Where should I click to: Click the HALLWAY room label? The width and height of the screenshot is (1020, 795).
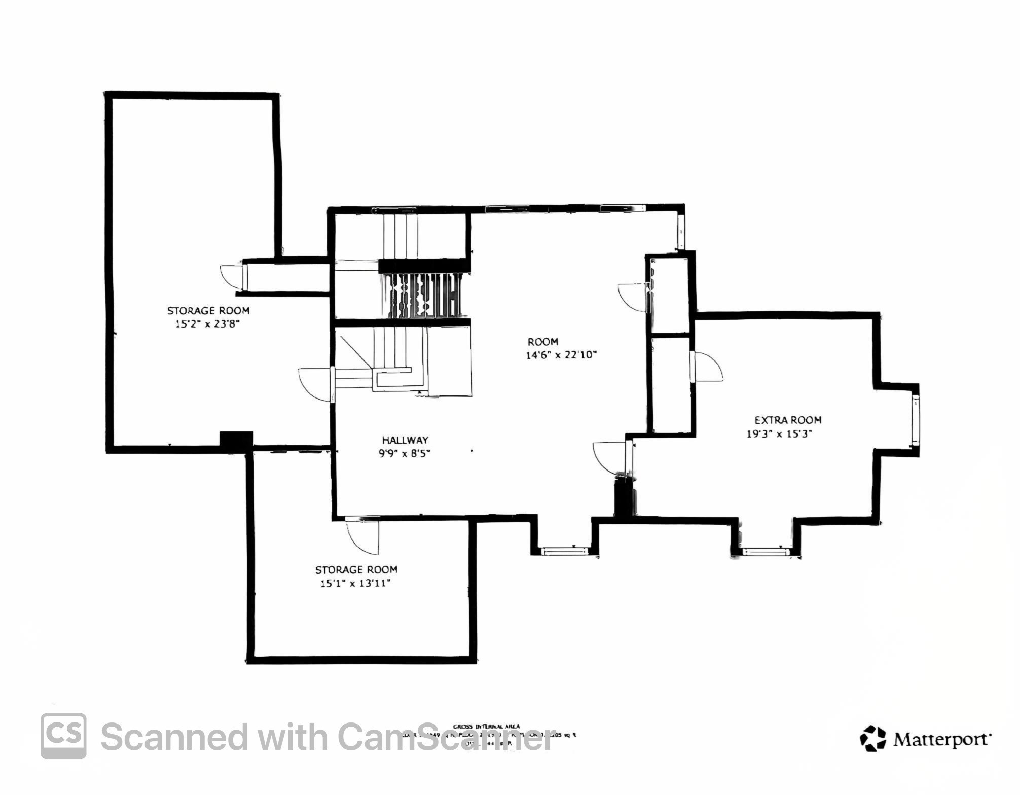pos(405,440)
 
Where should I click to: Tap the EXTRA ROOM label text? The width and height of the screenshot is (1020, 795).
pos(788,420)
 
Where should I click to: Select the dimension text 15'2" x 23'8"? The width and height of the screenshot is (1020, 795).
pos(207,323)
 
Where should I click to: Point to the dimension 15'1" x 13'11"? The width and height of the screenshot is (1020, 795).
pos(355,583)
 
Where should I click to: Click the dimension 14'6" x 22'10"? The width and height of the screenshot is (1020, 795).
pos(561,355)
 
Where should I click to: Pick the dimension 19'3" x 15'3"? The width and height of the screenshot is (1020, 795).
pos(779,433)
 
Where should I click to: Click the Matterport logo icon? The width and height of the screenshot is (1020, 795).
pos(872,738)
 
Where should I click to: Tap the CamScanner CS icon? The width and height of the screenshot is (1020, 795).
pos(63,736)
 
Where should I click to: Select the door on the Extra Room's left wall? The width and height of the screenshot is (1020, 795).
pos(706,367)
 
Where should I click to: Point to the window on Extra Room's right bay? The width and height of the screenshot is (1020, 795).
pos(916,421)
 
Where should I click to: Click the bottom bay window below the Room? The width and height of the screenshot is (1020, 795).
pos(564,551)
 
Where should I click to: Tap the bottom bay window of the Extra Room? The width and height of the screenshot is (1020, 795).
pos(766,552)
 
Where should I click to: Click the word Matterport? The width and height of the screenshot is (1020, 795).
pos(940,739)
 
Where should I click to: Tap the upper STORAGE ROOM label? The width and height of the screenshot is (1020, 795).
pos(208,310)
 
